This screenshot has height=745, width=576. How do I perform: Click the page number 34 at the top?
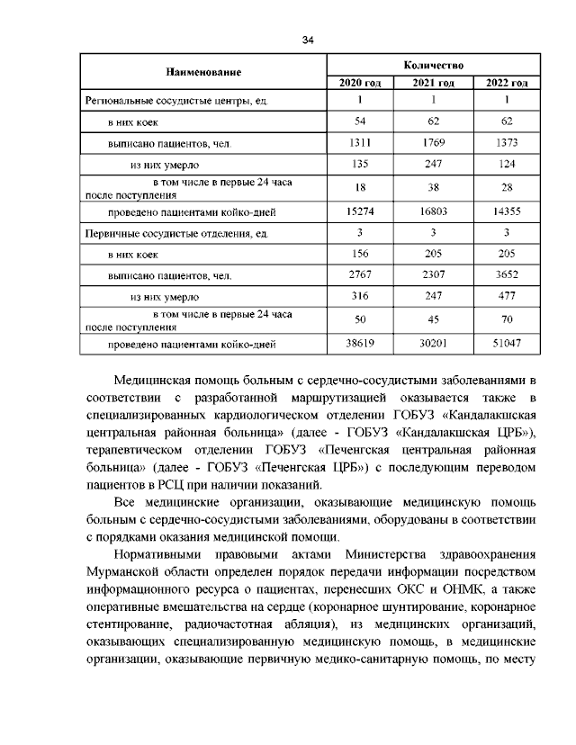pyautogui.click(x=308, y=39)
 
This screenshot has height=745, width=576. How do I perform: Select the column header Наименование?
pyautogui.click(x=202, y=70)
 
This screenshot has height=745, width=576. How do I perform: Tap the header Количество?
pyautogui.click(x=435, y=65)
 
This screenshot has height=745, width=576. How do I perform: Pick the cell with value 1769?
pyautogui.click(x=435, y=143)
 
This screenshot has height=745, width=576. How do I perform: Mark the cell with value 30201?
pyautogui.click(x=435, y=344)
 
